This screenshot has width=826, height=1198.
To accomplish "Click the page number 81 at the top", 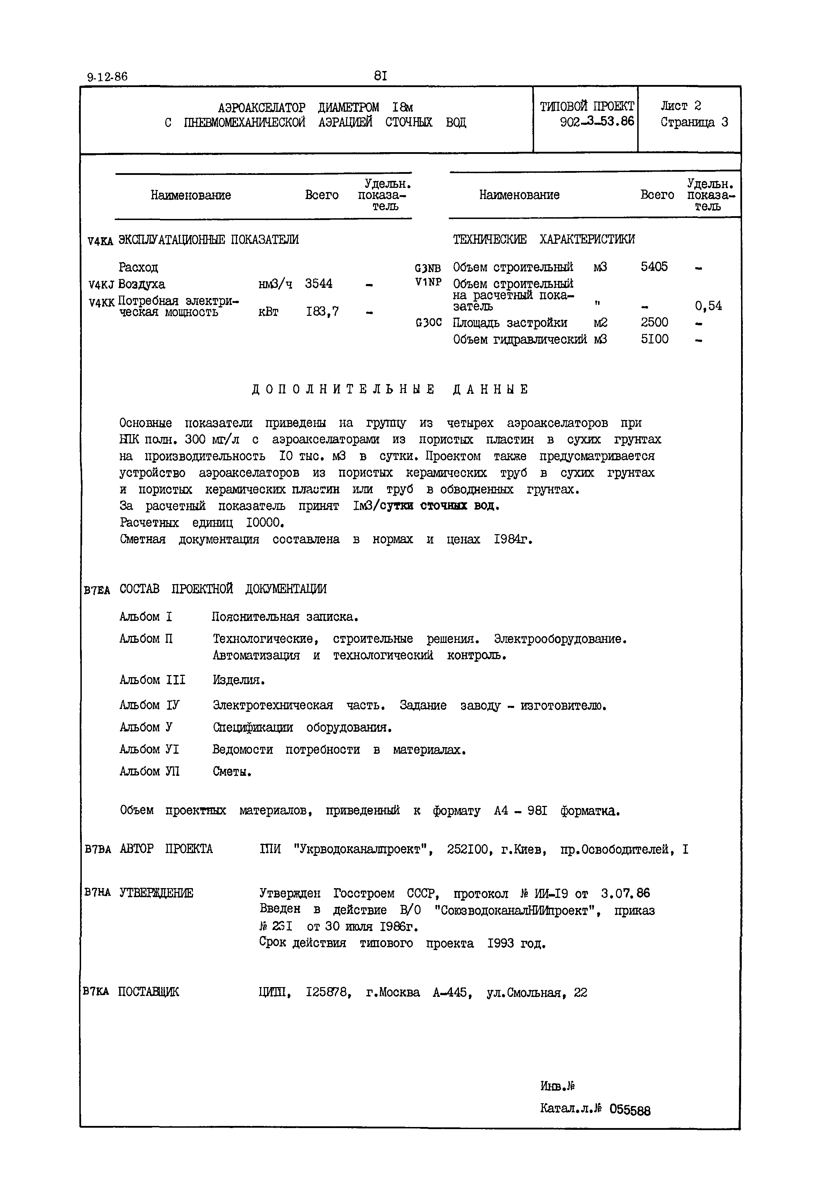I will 380,76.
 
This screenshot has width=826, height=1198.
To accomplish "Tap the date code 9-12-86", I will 107,77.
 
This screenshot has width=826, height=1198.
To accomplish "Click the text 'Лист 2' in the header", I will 681,106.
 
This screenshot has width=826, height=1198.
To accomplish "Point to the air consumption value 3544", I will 319,284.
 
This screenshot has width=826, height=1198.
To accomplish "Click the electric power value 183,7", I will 322,312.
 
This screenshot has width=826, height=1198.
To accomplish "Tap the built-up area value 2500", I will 654,322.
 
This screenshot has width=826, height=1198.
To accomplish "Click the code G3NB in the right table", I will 428,268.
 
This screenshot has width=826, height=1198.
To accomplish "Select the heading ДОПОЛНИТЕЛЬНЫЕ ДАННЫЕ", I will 391,389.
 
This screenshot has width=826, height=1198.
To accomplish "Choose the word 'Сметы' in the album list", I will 231,772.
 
